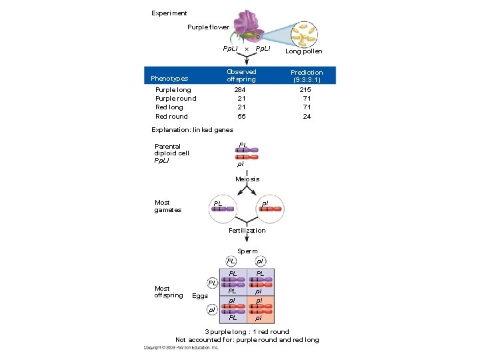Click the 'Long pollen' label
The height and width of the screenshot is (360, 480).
click(303, 51)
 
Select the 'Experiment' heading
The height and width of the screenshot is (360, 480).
click(169, 13)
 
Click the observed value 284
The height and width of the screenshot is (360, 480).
click(241, 89)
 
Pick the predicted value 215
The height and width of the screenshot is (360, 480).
click(306, 89)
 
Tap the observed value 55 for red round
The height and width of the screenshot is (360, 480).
click(241, 116)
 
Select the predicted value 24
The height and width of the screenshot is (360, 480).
click(306, 116)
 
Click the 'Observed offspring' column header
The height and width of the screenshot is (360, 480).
click(241, 75)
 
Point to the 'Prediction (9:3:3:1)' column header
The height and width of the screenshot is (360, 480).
click(306, 76)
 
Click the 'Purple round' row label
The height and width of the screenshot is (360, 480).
click(175, 99)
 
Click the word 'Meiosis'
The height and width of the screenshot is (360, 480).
click(247, 179)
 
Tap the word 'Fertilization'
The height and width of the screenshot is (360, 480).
click(247, 230)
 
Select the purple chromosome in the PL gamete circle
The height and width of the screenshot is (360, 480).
click(223, 209)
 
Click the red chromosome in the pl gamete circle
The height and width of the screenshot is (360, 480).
click(271, 209)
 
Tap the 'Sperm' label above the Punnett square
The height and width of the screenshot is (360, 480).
click(247, 251)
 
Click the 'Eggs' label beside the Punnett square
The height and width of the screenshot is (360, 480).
click(199, 295)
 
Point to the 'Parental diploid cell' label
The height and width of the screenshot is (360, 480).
click(171, 153)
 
